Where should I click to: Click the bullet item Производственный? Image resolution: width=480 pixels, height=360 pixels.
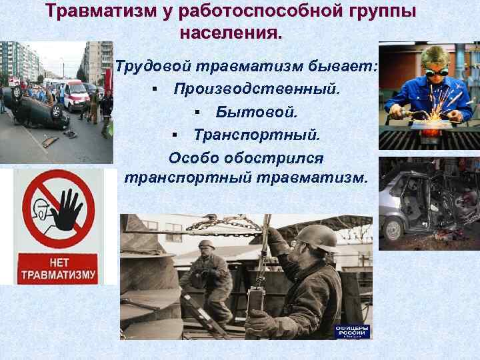pyautogui.click(x=257, y=89)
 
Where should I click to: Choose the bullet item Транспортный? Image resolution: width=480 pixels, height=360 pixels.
pyautogui.click(x=257, y=135)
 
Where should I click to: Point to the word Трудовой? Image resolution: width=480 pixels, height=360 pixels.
pyautogui.click(x=154, y=67)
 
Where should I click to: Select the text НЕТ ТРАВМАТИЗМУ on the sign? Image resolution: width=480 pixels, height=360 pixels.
pyautogui.click(x=57, y=267)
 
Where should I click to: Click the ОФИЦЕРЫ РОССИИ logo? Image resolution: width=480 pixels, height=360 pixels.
pyautogui.click(x=353, y=331)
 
